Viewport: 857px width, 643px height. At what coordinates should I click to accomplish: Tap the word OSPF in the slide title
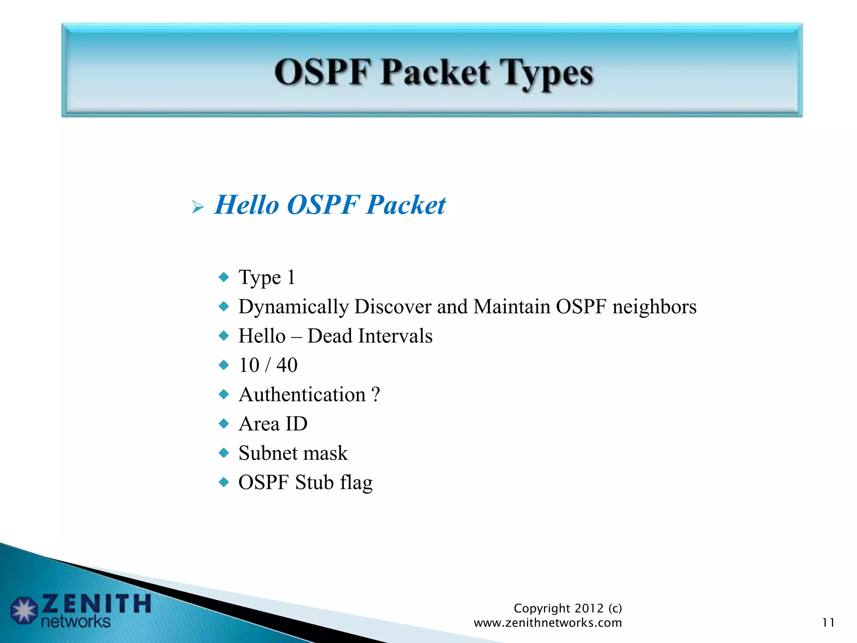click(323, 73)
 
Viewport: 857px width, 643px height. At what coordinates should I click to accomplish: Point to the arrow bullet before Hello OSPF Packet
click(198, 207)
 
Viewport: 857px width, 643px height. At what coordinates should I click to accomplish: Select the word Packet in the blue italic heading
click(405, 205)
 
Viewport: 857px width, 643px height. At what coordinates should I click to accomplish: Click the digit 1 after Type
click(291, 278)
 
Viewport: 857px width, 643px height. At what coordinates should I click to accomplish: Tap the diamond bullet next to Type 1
click(224, 277)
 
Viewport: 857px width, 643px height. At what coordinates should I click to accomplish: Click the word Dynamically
click(293, 307)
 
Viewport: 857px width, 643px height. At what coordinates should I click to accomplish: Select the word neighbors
click(654, 307)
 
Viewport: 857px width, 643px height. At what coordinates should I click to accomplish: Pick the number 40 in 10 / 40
click(287, 365)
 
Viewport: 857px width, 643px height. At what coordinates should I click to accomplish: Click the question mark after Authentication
click(375, 395)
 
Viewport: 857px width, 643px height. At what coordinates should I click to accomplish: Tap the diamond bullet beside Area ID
click(224, 424)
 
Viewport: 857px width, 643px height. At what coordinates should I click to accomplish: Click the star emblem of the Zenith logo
click(24, 611)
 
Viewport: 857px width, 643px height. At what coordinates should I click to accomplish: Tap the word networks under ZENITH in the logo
click(76, 622)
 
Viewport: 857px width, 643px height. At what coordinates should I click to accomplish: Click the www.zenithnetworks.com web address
click(547, 623)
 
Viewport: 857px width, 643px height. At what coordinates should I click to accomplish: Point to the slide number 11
click(828, 623)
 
